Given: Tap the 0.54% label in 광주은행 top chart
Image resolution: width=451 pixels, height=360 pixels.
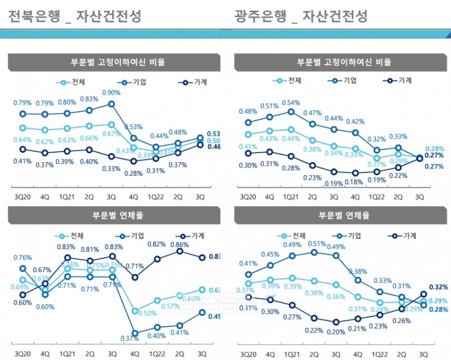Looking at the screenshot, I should (x=290, y=102).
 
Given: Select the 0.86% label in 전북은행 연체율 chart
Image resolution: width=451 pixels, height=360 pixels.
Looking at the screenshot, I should (x=179, y=245).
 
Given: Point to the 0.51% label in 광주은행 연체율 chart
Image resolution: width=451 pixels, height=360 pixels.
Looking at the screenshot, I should (x=313, y=243).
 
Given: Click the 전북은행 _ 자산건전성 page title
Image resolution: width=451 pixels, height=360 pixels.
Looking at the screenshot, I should (x=75, y=16).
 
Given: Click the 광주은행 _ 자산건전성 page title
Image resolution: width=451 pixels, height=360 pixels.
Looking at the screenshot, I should (x=301, y=16).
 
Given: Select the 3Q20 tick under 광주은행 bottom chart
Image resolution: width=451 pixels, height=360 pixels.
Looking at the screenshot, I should (x=248, y=354).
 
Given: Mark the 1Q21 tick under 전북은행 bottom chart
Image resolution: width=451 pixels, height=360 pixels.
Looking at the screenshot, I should (x=67, y=354).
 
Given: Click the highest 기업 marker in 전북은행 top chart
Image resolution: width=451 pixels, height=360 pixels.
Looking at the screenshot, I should (x=112, y=104).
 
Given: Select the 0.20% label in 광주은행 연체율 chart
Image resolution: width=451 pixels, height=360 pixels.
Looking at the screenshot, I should (x=337, y=332).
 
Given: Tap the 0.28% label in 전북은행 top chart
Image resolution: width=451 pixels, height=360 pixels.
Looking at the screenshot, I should (x=134, y=173).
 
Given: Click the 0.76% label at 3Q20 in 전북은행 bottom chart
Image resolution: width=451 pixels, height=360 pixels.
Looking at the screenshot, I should (x=22, y=259).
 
